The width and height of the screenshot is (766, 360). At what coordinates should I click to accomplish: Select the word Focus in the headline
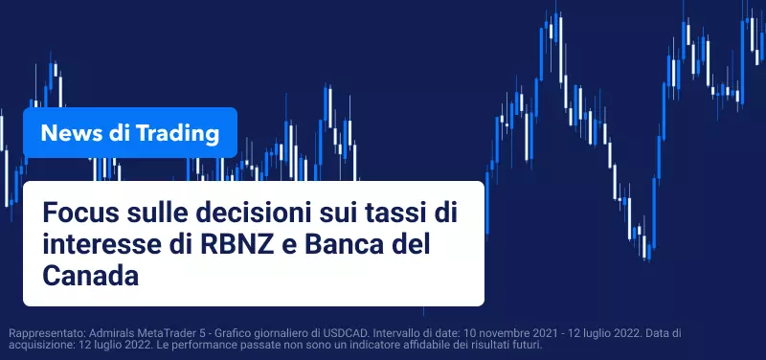tap(79, 214)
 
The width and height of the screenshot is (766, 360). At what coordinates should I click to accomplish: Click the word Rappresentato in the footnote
tap(47, 334)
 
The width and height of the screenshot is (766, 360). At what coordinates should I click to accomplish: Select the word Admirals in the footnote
tap(108, 333)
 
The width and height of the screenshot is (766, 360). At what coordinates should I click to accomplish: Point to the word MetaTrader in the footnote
tap(156, 333)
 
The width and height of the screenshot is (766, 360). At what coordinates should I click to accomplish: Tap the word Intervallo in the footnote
tap(394, 333)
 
